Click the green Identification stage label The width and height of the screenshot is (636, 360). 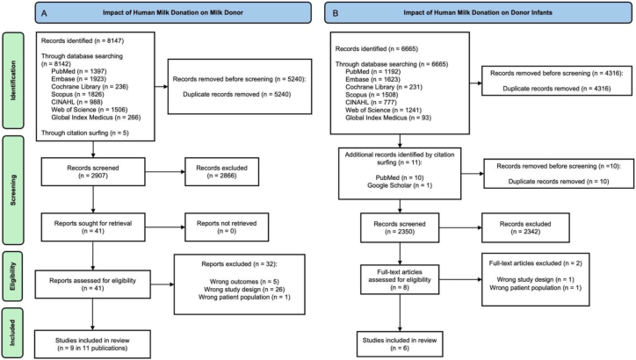13,81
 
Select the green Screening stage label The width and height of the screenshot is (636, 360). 13,191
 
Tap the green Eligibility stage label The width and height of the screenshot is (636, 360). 13,276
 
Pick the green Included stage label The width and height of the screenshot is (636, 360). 13,333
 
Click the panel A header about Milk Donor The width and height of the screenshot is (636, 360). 173,12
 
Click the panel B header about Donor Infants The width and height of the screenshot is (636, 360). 478,12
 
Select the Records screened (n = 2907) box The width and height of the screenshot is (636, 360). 93,172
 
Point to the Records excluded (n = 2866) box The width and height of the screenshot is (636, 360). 222,172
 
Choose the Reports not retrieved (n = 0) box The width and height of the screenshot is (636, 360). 227,227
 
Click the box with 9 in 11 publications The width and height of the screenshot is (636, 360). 92,344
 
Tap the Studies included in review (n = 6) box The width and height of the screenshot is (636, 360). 400,344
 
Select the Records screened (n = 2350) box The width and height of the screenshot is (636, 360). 400,227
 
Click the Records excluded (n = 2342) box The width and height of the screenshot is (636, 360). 525,227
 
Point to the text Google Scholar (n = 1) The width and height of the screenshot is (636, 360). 400,185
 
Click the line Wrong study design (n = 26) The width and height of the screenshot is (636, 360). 244,290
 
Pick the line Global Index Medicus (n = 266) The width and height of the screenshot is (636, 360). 96,118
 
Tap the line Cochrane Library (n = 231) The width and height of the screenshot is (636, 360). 384,87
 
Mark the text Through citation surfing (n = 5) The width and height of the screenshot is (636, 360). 85,133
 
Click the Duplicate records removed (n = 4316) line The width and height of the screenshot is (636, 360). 557,89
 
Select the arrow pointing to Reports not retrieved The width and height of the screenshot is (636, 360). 165,227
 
